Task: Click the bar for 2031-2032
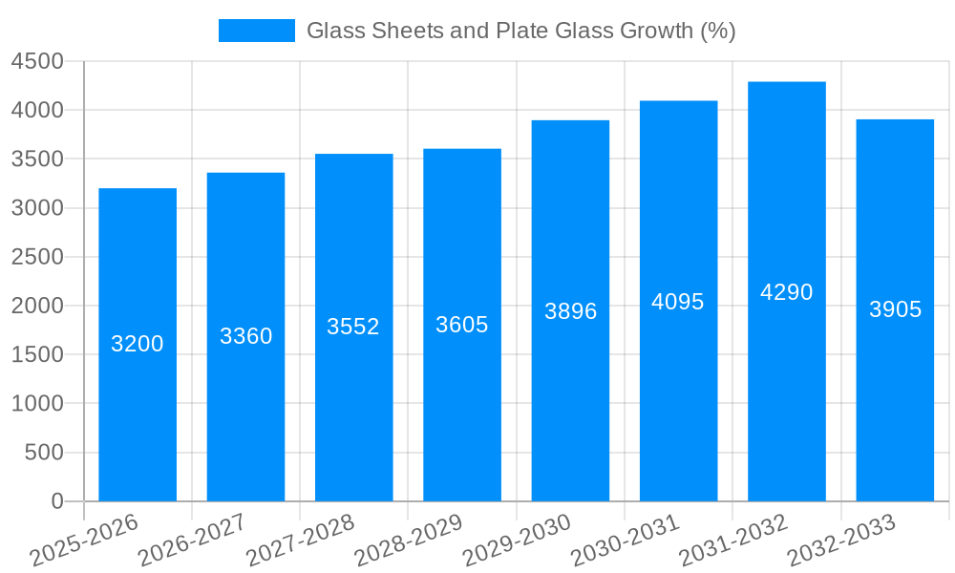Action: (x=786, y=382)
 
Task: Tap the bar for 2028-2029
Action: (x=462, y=401)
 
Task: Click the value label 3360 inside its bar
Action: (x=246, y=336)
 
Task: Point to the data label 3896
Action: (x=570, y=311)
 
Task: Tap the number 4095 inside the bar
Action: (x=678, y=302)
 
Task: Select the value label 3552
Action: (x=353, y=327)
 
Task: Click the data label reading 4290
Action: (x=786, y=292)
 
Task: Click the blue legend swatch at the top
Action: (x=256, y=31)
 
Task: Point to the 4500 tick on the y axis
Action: (x=37, y=62)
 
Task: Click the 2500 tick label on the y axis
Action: (x=37, y=257)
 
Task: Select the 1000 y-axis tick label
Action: (x=37, y=404)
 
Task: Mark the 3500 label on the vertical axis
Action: (x=37, y=159)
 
